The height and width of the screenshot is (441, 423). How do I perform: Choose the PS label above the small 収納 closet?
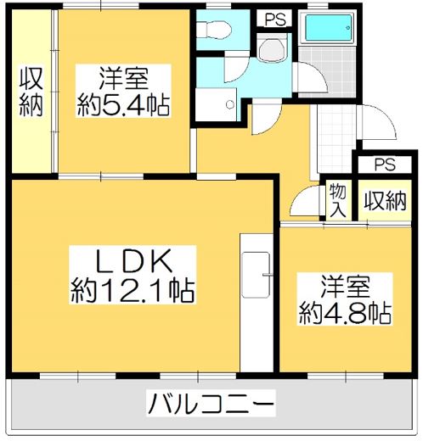click(384, 164)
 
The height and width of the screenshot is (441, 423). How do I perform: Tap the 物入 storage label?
click(336, 201)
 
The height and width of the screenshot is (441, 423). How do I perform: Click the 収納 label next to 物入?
click(384, 201)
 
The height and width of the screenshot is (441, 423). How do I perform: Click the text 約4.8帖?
click(345, 313)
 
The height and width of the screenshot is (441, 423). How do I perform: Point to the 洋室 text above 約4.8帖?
click(345, 284)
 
